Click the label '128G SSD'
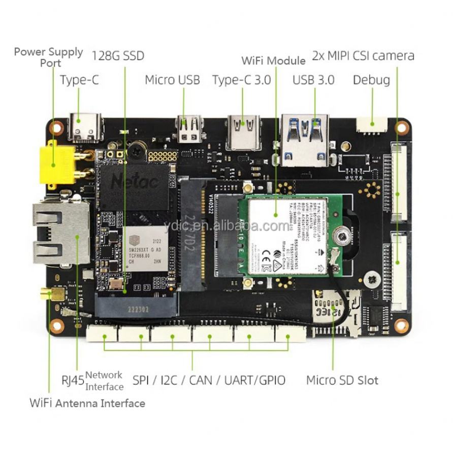click(x=118, y=55)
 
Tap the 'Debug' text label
click(x=371, y=80)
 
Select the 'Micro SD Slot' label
click(x=342, y=380)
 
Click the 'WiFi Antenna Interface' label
click(x=87, y=404)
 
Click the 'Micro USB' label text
click(x=172, y=80)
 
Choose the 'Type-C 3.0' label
click(x=241, y=80)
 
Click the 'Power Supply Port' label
click(x=49, y=57)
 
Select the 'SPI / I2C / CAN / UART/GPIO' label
click(x=209, y=380)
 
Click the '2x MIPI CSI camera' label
click(x=363, y=55)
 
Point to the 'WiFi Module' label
click(x=273, y=61)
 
